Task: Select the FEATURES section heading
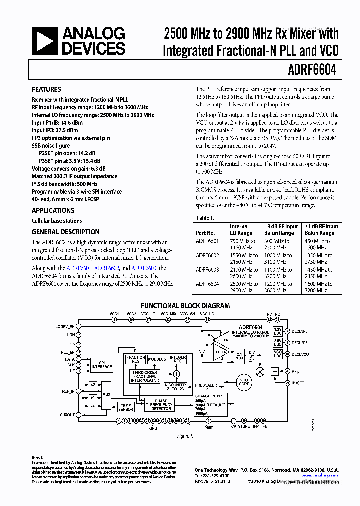point(46,90)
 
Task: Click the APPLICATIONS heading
point(53,211)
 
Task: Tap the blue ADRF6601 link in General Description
point(79,268)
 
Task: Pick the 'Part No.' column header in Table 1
point(205,233)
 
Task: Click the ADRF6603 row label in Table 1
point(207,270)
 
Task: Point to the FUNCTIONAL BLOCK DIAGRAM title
point(185,306)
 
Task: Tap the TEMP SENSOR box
point(126,407)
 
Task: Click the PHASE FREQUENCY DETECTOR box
point(161,405)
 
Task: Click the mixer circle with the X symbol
point(260,372)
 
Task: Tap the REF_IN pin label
point(68,391)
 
